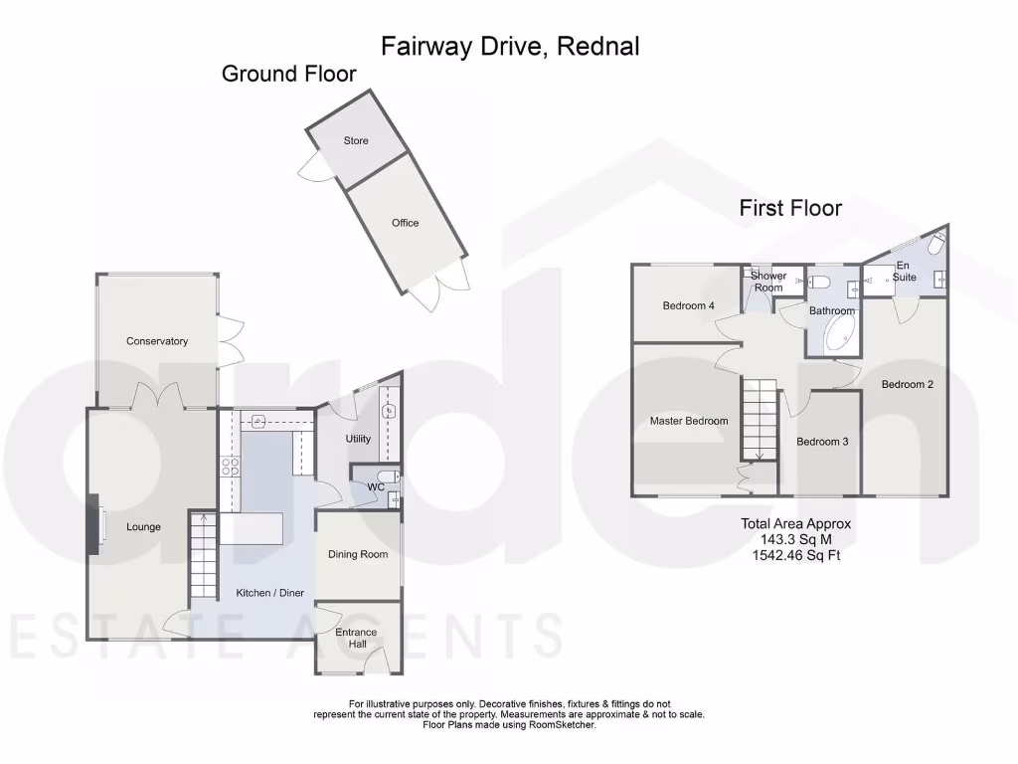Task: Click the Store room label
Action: [356, 141]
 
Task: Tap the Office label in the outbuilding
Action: [405, 223]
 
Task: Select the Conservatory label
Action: [157, 341]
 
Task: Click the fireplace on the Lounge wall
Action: [94, 521]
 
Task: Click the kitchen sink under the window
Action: [258, 421]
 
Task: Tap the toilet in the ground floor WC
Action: [390, 477]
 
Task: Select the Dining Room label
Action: [358, 555]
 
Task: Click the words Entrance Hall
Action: [356, 638]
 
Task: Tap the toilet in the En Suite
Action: [937, 242]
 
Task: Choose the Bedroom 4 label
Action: [688, 306]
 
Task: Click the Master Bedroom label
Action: [688, 421]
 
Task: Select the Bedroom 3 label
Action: [822, 442]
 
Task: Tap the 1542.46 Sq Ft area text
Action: [795, 555]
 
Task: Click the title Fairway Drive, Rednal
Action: [510, 46]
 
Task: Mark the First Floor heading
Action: [789, 208]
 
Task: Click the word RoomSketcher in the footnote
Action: [563, 725]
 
